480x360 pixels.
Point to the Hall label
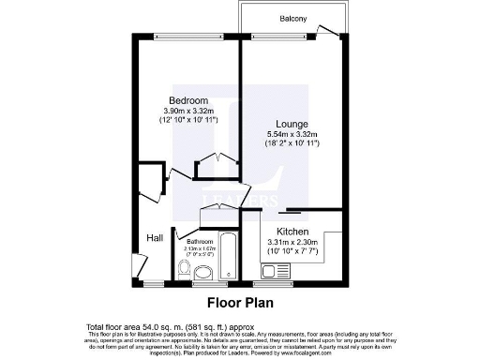154,238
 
